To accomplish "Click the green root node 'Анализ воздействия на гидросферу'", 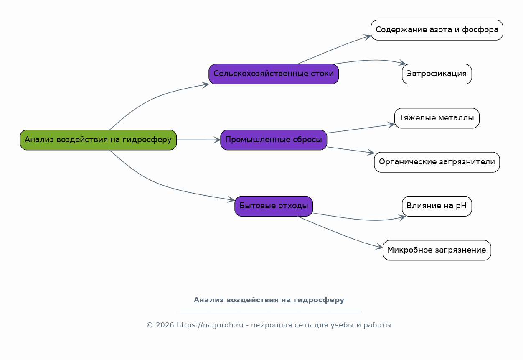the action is coord(98,140).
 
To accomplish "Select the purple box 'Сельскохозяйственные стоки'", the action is coord(274,74).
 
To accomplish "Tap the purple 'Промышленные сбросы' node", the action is coord(274,140).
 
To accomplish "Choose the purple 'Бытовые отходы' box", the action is coord(274,206).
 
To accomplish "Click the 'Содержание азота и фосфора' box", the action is coord(437,30).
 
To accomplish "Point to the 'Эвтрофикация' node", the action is coord(437,74).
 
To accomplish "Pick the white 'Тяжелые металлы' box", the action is coord(437,118).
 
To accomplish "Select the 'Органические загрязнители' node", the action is coord(437,162).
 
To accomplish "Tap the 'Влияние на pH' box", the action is coord(437,206).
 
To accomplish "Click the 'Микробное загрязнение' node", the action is coord(437,250).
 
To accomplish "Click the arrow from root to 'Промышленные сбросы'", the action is coord(199,140).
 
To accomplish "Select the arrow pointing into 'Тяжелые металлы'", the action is coord(361,129).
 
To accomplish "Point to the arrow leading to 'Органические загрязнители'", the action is coord(351,150).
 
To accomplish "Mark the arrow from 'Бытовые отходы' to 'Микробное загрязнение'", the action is coord(340,234).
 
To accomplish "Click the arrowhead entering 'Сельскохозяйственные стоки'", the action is coord(206,84).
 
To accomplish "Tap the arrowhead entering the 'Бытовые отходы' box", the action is coord(231,199).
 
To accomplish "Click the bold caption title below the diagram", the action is coord(269,300).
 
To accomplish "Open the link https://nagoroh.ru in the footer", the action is coord(210,325).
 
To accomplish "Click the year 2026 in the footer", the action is coord(165,325).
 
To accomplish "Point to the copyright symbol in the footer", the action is coord(150,325).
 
